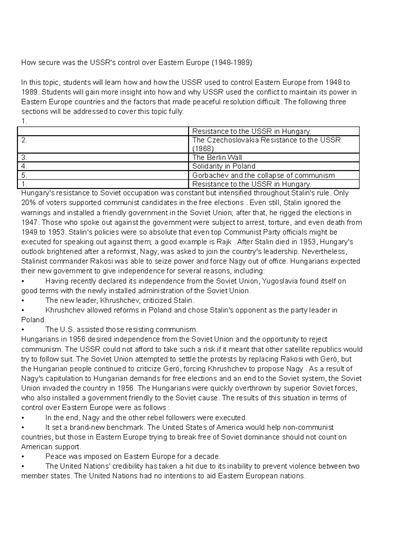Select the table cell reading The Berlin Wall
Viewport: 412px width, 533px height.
[x=217, y=158]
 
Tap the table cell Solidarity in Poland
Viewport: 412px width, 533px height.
[x=224, y=166]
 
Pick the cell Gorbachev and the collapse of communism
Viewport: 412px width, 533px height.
[x=263, y=175]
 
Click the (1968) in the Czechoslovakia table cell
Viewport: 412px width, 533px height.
[x=203, y=149]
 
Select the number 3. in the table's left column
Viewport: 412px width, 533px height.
[x=24, y=158]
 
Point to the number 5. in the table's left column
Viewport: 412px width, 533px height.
[x=24, y=175]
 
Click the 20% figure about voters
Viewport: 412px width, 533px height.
[x=28, y=203]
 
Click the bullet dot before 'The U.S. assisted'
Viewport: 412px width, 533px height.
[x=23, y=330]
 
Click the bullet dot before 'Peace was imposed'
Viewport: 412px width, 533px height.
[x=23, y=457]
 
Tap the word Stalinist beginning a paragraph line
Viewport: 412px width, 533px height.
[x=34, y=262]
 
